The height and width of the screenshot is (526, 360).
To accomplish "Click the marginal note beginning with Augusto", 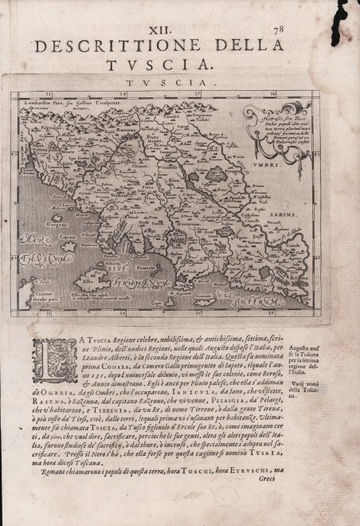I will pyautogui.click(x=318, y=351).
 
